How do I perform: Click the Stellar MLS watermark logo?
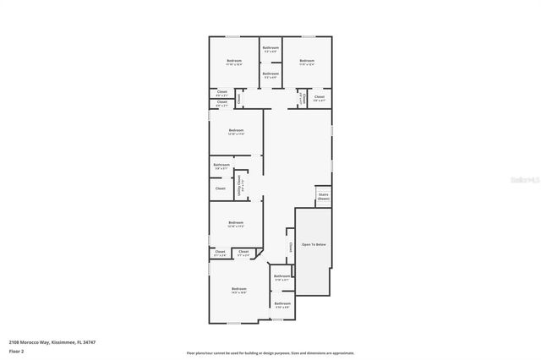pyautogui.click(x=524, y=180)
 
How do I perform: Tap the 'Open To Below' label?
pyautogui.click(x=313, y=244)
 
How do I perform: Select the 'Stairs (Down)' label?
pyautogui.click(x=323, y=195)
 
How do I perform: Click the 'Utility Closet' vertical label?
pyautogui.click(x=242, y=183)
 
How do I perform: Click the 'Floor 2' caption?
pyautogui.click(x=16, y=350)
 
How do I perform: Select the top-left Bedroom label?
pyautogui.click(x=234, y=61)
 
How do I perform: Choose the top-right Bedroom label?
pyautogui.click(x=306, y=61)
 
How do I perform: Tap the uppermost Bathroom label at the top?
pyautogui.click(x=270, y=48)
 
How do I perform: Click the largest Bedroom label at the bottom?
pyautogui.click(x=238, y=289)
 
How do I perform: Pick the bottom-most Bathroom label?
pyautogui.click(x=282, y=303)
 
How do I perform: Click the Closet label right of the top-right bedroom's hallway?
pyautogui.click(x=319, y=97)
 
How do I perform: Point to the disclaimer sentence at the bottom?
pyautogui.click(x=270, y=352)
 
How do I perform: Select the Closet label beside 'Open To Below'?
pyautogui.click(x=290, y=248)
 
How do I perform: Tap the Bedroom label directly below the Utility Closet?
pyautogui.click(x=236, y=223)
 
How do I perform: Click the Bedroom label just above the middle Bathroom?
pyautogui.click(x=236, y=131)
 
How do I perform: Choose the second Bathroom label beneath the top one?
pyautogui.click(x=270, y=74)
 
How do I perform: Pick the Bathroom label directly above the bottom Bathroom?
pyautogui.click(x=282, y=276)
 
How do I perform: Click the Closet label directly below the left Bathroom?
pyautogui.click(x=220, y=188)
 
